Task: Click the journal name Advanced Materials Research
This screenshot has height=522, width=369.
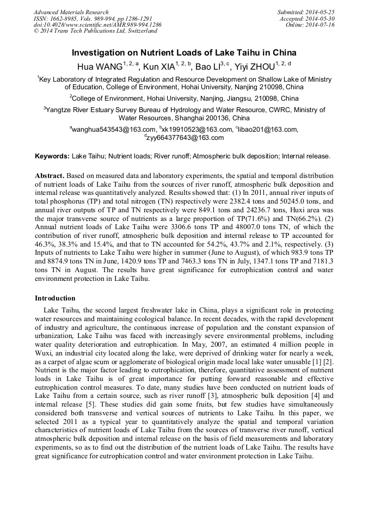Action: [x=71, y=12]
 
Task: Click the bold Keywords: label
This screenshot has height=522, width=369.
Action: [x=52, y=156]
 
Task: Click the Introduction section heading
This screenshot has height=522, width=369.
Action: [x=55, y=298]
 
